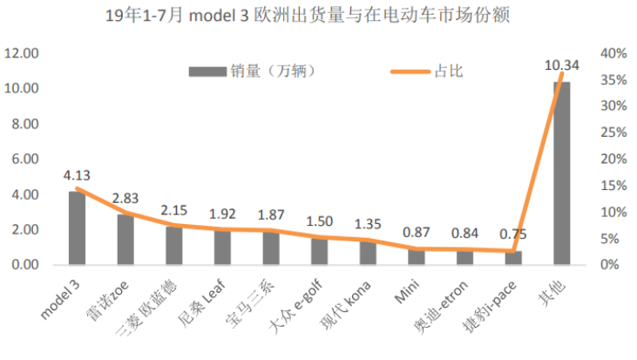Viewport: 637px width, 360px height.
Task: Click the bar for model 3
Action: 78,228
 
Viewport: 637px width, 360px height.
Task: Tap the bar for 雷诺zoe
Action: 125,240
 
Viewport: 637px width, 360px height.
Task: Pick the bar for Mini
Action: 417,256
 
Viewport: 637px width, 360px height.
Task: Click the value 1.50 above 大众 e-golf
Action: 320,221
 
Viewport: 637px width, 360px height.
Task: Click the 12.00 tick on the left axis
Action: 21,54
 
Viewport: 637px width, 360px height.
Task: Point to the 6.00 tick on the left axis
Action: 24,160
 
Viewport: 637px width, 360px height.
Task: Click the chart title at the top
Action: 318,15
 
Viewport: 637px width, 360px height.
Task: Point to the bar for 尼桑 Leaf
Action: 222,248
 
